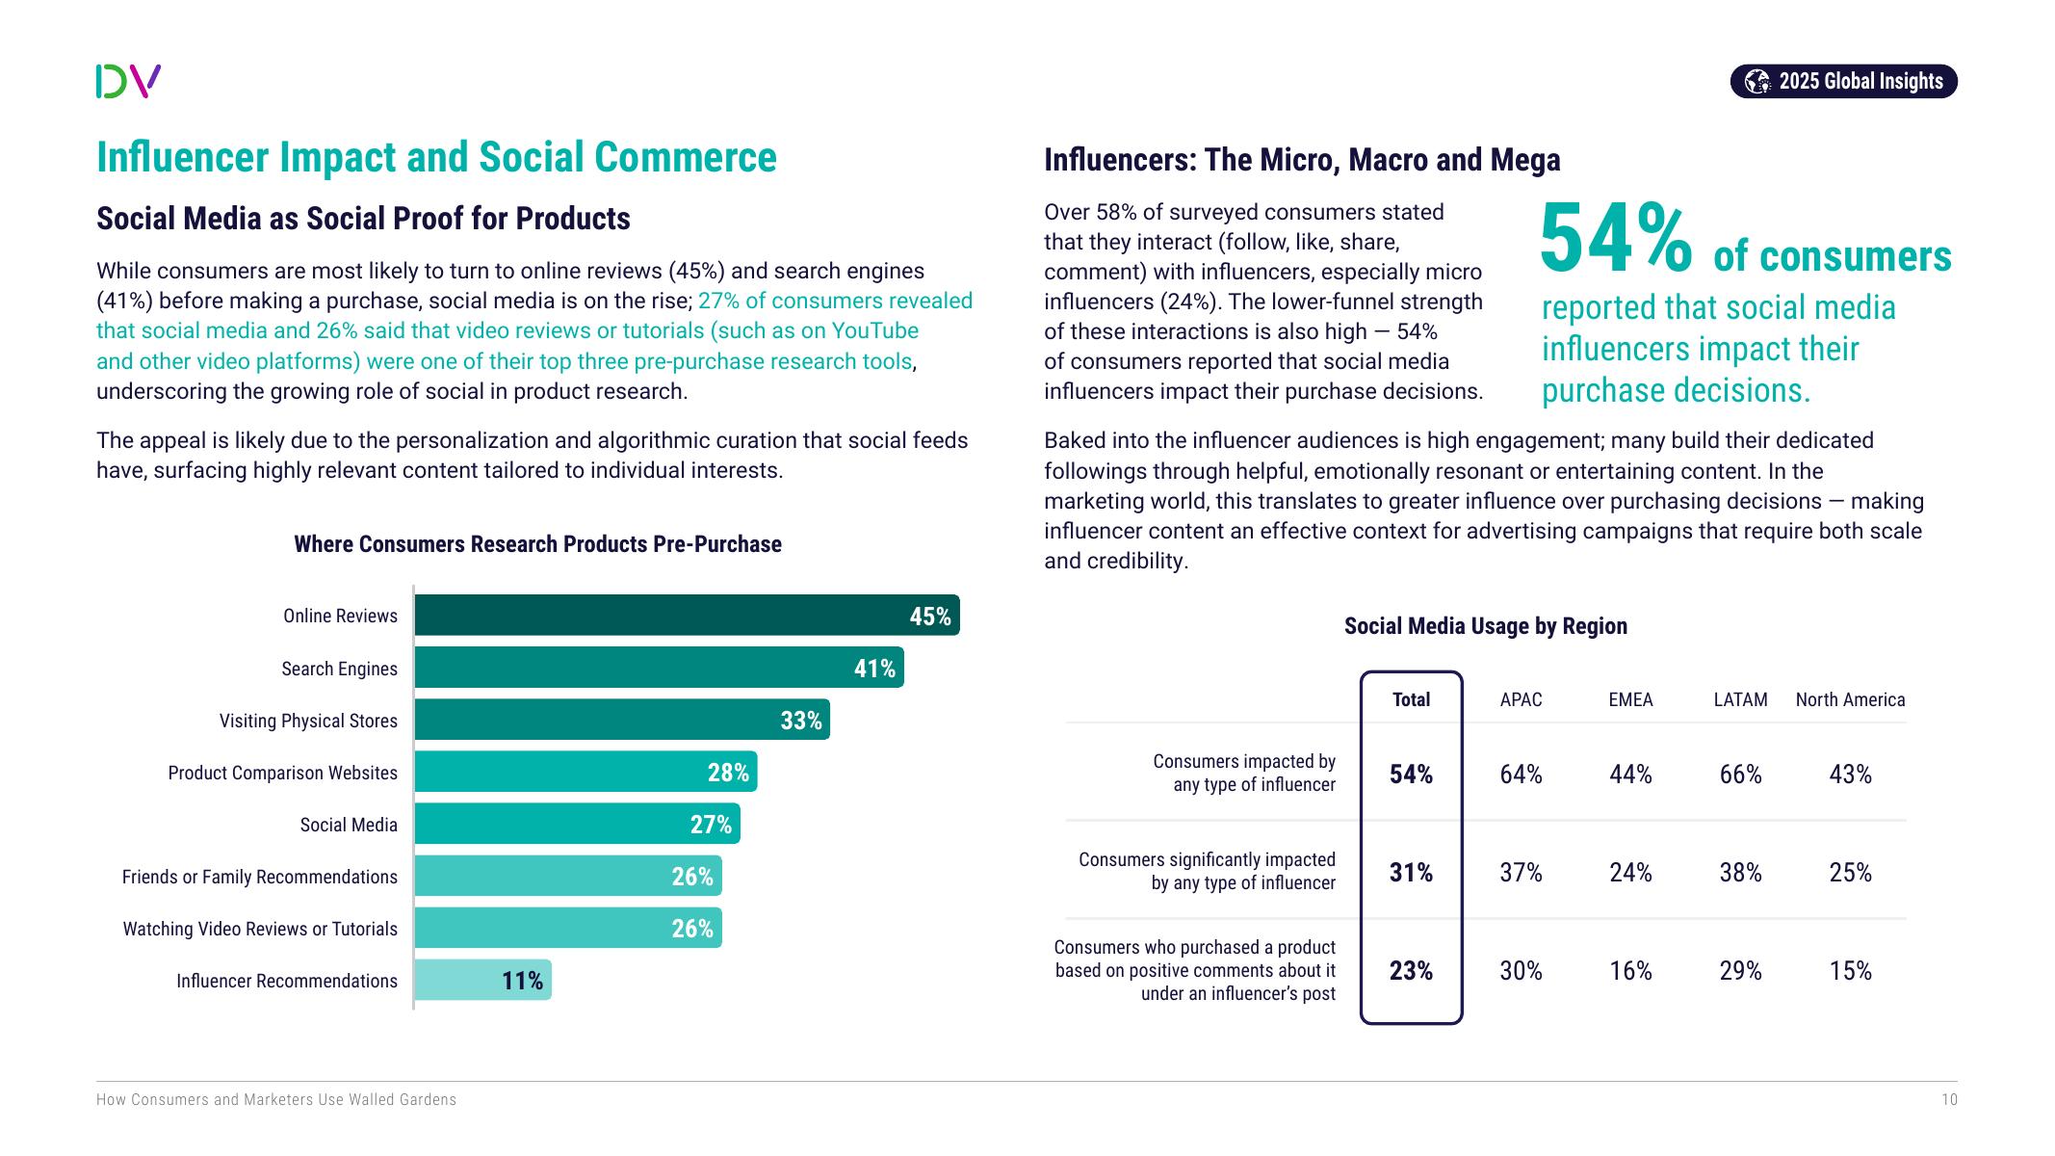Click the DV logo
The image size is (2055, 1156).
pyautogui.click(x=128, y=81)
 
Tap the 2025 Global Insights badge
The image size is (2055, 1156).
pyautogui.click(x=1843, y=81)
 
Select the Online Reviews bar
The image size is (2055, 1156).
pyautogui.click(x=686, y=616)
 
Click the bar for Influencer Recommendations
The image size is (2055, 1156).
pyautogui.click(x=481, y=981)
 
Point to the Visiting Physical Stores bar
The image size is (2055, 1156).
pyautogui.click(x=621, y=721)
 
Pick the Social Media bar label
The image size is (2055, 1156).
pyautogui.click(x=349, y=825)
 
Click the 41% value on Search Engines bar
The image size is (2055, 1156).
pyautogui.click(x=874, y=669)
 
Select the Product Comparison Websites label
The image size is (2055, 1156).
pyautogui.click(x=282, y=773)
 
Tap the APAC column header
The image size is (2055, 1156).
pyautogui.click(x=1521, y=699)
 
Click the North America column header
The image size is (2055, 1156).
pyautogui.click(x=1850, y=699)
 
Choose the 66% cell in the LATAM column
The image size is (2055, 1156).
pyautogui.click(x=1740, y=775)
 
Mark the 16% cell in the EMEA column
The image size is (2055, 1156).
pyautogui.click(x=1630, y=971)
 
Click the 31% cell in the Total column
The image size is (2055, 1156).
pyautogui.click(x=1411, y=873)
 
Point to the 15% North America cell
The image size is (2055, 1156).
pyautogui.click(x=1850, y=971)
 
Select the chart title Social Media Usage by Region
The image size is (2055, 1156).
pyautogui.click(x=1485, y=626)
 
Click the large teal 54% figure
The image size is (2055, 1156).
pyautogui.click(x=1615, y=239)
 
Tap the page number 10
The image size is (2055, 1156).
pyautogui.click(x=1949, y=1100)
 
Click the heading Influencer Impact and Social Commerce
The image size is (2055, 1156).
pyautogui.click(x=436, y=158)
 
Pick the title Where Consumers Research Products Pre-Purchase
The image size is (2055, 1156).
pyautogui.click(x=537, y=544)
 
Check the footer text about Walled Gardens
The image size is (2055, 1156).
pyautogui.click(x=276, y=1100)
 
